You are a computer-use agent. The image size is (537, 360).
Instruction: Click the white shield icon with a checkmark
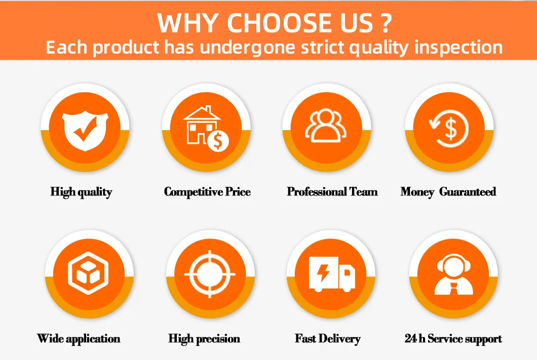pos(85,132)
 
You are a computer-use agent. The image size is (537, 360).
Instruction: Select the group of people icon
pos(326,126)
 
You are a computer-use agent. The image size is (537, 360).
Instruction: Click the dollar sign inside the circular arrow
pos(451,128)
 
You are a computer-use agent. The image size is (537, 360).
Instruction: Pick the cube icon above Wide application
pos(88,273)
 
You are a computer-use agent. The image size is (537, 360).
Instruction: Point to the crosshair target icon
pos(210,274)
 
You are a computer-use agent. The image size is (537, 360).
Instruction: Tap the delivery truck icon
pos(332,274)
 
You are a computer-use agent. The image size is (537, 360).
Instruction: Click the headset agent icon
pos(454,274)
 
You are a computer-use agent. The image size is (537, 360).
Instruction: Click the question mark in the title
pos(386,23)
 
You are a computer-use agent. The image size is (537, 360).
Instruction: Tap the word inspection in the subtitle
pos(458,48)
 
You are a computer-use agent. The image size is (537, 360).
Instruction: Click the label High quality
pos(81,192)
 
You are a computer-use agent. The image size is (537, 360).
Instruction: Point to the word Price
pos(238,191)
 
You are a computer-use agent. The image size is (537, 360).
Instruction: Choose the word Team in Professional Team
pos(363,191)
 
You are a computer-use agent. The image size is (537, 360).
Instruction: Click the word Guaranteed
pos(468,191)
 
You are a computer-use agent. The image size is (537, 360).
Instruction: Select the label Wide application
pos(79,339)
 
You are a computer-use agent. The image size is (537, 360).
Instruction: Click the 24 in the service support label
pos(410,338)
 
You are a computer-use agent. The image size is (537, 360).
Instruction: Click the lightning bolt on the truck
pos(323,272)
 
